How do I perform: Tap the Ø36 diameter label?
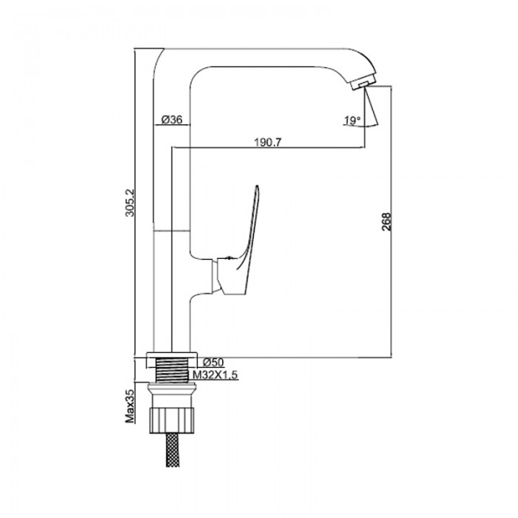[x=172, y=119]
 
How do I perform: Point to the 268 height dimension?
[x=386, y=222]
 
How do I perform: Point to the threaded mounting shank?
[x=173, y=374]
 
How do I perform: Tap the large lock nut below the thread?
[x=174, y=417]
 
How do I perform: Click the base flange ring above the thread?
[x=173, y=358]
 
